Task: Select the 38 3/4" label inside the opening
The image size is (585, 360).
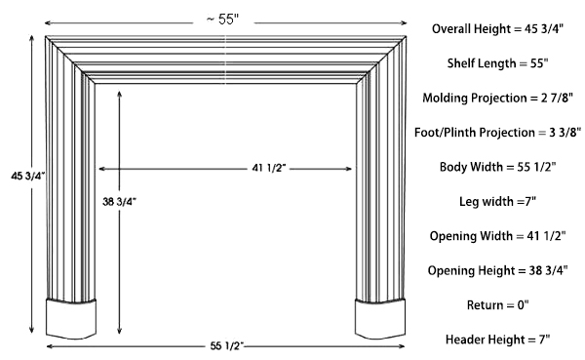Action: (x=120, y=202)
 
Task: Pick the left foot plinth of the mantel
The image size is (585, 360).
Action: (x=74, y=317)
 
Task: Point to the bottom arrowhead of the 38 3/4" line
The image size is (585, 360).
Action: (x=120, y=331)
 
